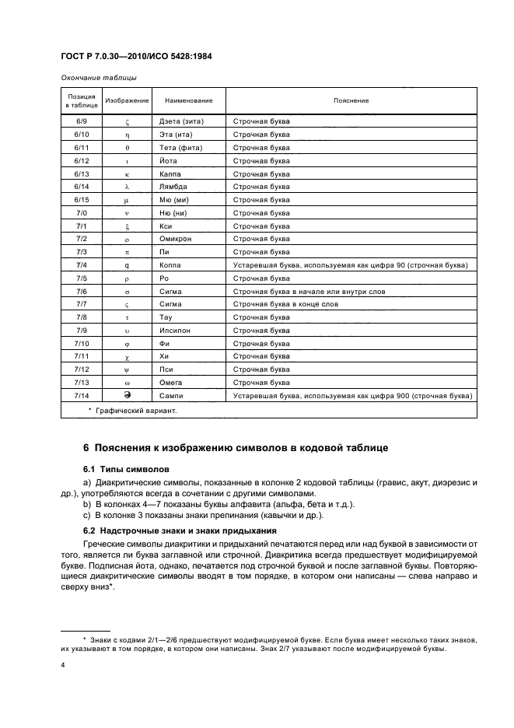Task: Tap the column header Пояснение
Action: [351, 101]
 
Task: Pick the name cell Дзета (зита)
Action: [180, 122]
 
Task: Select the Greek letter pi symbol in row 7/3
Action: [126, 252]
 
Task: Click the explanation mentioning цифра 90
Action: [350, 265]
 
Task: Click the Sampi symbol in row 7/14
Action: [126, 395]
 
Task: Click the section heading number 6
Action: [86, 447]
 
